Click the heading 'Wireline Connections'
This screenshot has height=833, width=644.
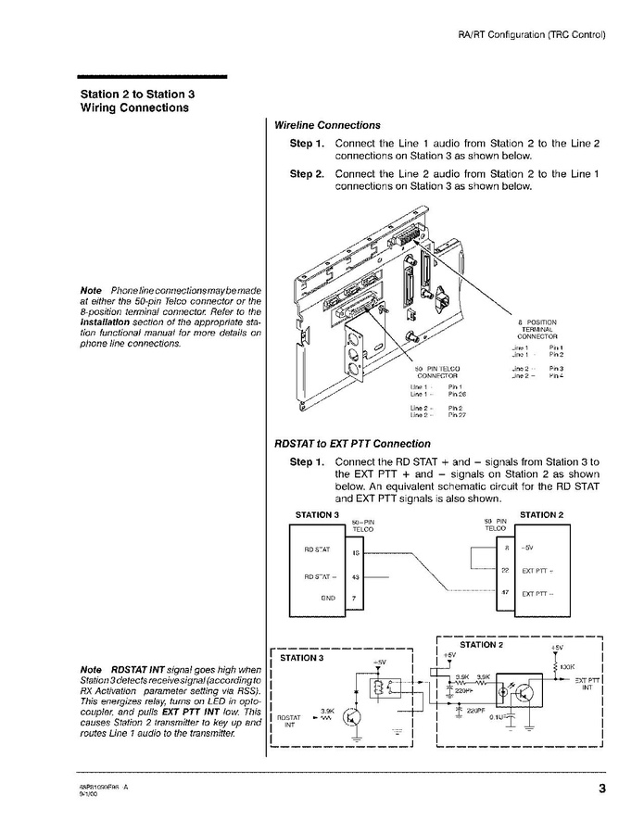click(x=327, y=125)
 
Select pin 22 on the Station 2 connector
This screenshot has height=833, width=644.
click(x=504, y=570)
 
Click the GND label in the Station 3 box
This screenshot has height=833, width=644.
click(x=327, y=599)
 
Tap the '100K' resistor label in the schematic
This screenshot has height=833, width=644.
click(x=568, y=667)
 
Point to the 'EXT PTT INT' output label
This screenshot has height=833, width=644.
click(x=587, y=685)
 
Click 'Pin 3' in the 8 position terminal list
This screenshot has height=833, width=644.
click(x=556, y=369)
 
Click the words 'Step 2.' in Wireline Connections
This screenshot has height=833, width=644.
click(x=307, y=173)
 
